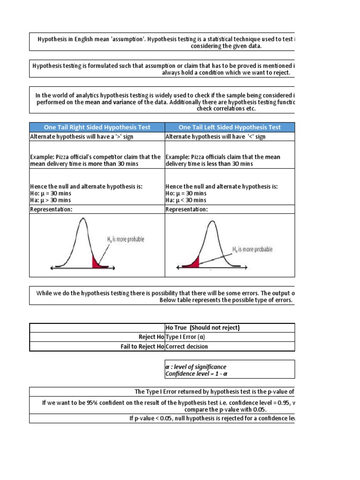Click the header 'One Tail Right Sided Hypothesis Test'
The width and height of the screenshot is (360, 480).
click(97, 127)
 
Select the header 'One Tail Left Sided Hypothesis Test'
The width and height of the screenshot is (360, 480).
click(230, 127)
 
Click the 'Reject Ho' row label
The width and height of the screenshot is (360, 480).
click(151, 337)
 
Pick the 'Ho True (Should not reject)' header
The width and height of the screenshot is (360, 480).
click(202, 328)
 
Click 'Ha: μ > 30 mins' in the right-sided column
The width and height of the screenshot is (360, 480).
click(51, 200)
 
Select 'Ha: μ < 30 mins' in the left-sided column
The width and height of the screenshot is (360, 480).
click(186, 200)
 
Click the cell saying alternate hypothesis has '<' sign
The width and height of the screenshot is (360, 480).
click(216, 136)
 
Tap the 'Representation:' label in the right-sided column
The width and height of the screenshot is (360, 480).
click(51, 209)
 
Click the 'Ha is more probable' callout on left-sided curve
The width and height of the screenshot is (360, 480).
click(252, 249)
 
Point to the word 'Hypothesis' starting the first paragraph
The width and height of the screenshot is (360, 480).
click(52, 39)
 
